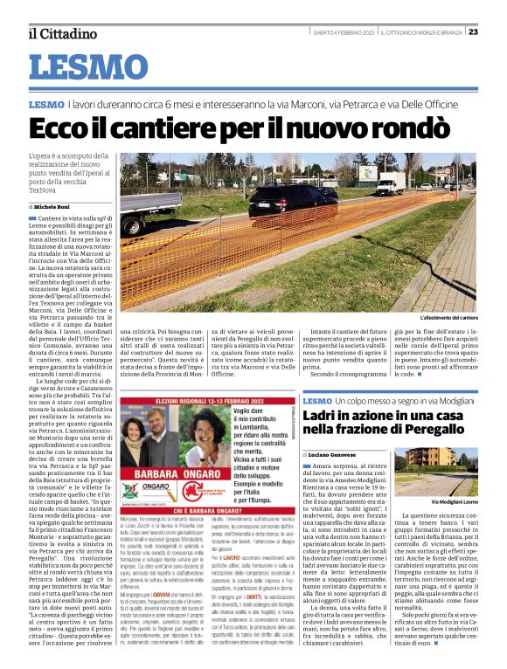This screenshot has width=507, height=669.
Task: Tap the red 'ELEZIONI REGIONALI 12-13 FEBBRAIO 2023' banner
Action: click(209, 400)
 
